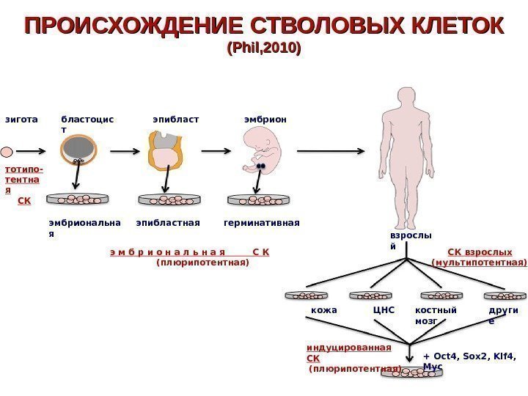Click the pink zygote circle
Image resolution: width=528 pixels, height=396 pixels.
[x=7, y=153]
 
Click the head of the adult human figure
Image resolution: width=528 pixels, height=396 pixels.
[x=404, y=101]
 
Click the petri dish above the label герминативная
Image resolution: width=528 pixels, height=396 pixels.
[x=259, y=199]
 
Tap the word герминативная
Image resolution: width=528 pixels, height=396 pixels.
[x=261, y=221]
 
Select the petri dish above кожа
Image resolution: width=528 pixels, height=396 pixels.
[x=307, y=295]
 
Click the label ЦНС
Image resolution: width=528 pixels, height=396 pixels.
[x=384, y=310]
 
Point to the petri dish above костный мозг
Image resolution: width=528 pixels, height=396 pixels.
[x=441, y=295]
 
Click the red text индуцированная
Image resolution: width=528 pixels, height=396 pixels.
[x=348, y=348]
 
